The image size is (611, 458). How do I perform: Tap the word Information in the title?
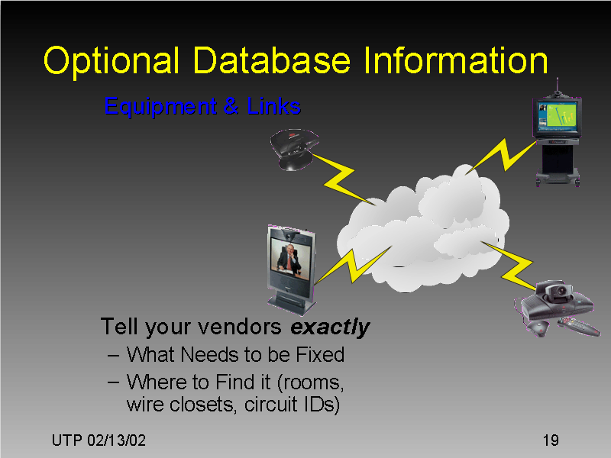pyautogui.click(x=455, y=61)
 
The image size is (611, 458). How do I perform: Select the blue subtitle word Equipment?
pyautogui.click(x=158, y=106)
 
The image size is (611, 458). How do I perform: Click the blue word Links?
pyautogui.click(x=273, y=106)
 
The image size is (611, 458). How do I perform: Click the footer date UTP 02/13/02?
pyautogui.click(x=99, y=441)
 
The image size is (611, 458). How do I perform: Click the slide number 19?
pyautogui.click(x=550, y=441)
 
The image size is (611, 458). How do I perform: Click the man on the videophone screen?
pyautogui.click(x=289, y=257)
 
